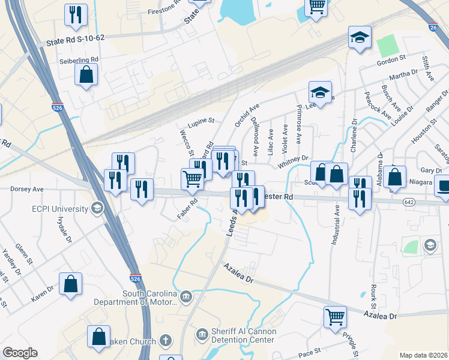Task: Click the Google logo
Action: [x=20, y=353]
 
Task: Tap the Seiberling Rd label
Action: [x=79, y=60]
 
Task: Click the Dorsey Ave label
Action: [x=27, y=188]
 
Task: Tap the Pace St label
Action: [x=309, y=353]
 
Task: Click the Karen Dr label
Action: [x=43, y=289]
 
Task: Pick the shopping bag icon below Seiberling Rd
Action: [x=86, y=75]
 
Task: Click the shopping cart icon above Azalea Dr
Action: [x=335, y=317]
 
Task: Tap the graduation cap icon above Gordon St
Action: [x=360, y=37]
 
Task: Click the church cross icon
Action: [x=166, y=341]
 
